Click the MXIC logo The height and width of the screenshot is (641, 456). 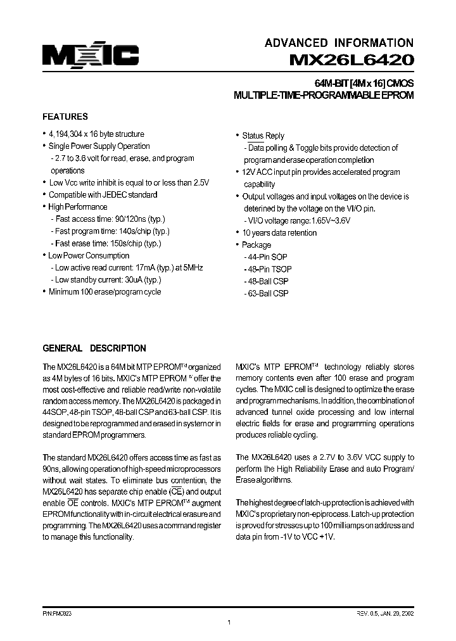pos(91,56)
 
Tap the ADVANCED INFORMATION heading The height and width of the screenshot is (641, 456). pos(339,43)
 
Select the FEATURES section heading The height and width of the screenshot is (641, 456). pos(65,117)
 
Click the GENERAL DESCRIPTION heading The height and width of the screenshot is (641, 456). pos(94,348)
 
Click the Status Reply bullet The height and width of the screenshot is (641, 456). pos(263,136)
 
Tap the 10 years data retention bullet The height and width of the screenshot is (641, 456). pos(279,232)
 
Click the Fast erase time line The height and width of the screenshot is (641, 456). pos(108,243)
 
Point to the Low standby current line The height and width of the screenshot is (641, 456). pos(108,279)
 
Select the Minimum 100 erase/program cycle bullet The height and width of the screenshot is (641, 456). pos(104,292)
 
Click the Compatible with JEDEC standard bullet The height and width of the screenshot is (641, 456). pos(103,195)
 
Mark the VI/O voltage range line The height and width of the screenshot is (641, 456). pos(298,220)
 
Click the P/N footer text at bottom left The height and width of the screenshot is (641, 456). pos(58,614)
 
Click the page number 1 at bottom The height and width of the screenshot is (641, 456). pos(228,623)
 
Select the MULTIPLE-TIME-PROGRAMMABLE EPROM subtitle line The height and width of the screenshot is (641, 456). pos(324,96)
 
